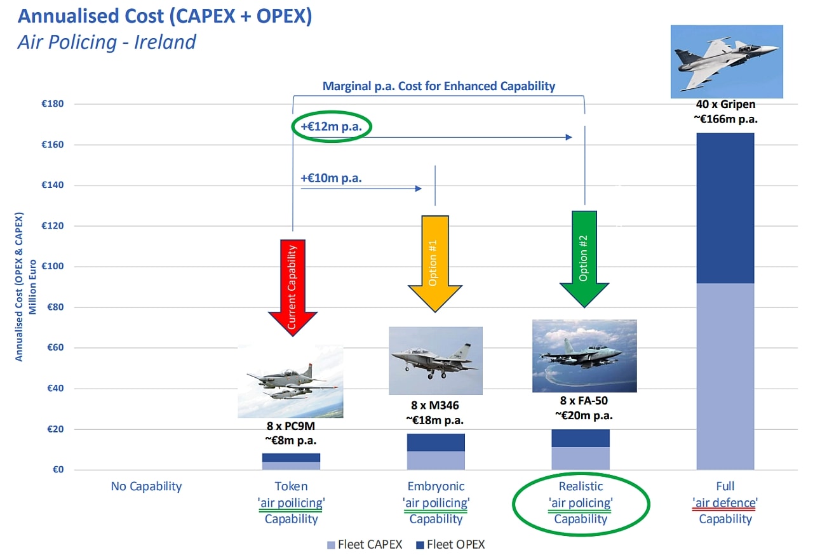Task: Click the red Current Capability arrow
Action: (293, 288)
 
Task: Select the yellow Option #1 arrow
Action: (435, 264)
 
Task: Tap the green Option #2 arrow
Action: (584, 259)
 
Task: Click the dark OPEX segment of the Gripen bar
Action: (725, 208)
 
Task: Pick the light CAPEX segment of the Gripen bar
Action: (725, 377)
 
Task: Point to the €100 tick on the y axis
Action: (53, 266)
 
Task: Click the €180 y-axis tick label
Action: (53, 104)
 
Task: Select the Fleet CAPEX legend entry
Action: (365, 544)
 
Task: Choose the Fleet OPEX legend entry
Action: (450, 544)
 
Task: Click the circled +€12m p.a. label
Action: (332, 126)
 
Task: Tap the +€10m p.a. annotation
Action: (331, 178)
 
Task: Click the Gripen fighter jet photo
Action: (727, 62)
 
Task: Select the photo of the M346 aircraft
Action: (436, 361)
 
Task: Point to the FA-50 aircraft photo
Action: (584, 356)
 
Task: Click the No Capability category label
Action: (146, 486)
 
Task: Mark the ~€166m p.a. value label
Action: (725, 119)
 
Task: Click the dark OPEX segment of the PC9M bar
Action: (291, 457)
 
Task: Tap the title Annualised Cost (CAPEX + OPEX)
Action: (165, 17)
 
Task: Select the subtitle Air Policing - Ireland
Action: (107, 42)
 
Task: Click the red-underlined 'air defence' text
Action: (725, 503)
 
